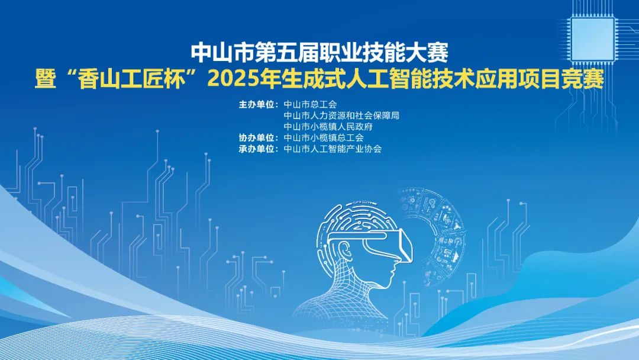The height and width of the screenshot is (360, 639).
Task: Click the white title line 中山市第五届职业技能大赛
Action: [320, 53]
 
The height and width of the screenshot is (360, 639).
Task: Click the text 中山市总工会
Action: [311, 104]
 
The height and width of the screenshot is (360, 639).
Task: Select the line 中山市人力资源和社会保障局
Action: [341, 115]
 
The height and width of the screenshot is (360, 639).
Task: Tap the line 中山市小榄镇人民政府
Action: [328, 127]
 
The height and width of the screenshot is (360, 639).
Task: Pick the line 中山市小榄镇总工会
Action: [324, 138]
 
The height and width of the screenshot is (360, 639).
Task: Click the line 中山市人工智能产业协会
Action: [333, 149]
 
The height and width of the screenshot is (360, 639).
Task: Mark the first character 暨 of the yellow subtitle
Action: [46, 79]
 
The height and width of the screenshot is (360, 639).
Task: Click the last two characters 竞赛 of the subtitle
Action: [583, 79]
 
